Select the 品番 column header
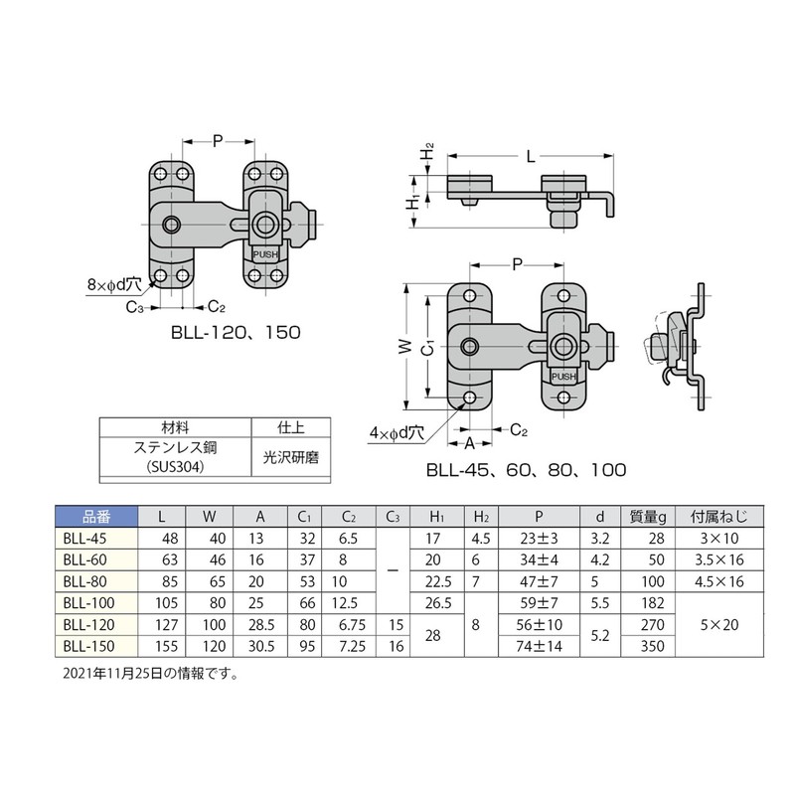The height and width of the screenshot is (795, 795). tap(86, 516)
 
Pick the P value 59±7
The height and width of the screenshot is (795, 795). tap(539, 601)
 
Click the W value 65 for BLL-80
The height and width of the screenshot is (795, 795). tap(209, 580)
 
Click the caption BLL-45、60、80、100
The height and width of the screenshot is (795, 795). tap(526, 470)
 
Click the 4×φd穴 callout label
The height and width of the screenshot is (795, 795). tap(397, 433)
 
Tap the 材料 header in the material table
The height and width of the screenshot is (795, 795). tap(176, 425)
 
